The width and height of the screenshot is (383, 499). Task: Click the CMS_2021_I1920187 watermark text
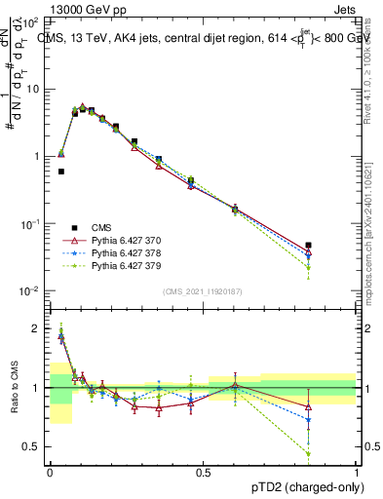[x=202, y=290]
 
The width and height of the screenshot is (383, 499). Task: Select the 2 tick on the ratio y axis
[x=38, y=329]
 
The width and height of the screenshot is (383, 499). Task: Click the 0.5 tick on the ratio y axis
[x=34, y=446]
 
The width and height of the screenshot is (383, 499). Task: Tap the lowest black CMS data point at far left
[x=60, y=171]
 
